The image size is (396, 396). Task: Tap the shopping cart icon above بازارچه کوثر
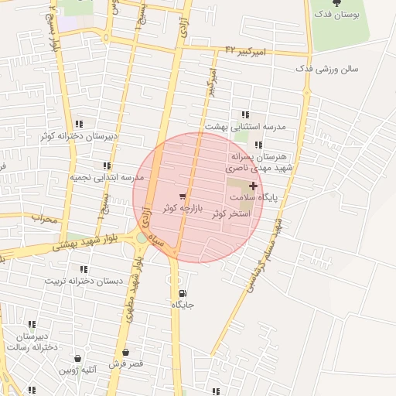[183, 196]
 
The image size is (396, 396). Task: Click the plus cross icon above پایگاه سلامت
[253, 186]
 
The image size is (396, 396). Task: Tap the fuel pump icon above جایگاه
[182, 293]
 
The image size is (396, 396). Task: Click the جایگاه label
[183, 306]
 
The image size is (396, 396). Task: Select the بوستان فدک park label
[338, 15]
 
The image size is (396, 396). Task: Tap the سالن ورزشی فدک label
[326, 69]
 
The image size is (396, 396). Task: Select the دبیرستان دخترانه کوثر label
[79, 136]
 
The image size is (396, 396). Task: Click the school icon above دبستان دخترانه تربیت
[84, 269]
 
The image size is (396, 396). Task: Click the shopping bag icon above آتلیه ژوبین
[78, 359]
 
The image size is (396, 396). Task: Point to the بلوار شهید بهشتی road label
[84, 244]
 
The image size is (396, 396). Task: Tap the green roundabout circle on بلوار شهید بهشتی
[142, 237]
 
